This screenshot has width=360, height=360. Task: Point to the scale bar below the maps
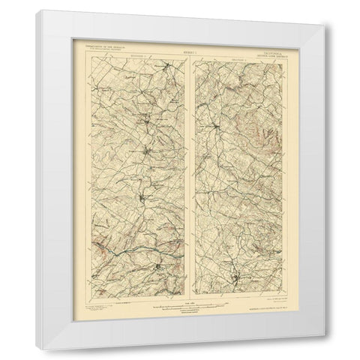click(181, 302)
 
